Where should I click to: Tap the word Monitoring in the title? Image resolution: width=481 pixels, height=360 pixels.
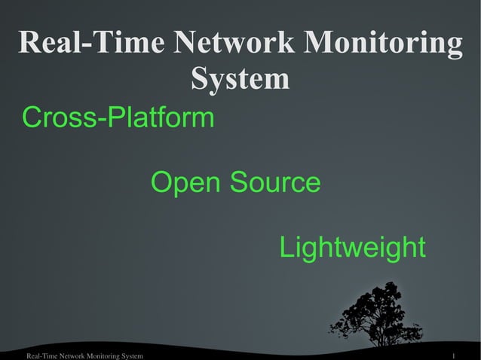(383, 44)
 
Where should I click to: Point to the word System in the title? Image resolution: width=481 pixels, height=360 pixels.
(240, 78)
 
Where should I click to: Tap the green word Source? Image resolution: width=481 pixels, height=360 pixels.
(275, 183)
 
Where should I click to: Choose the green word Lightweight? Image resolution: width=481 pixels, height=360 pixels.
(352, 248)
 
